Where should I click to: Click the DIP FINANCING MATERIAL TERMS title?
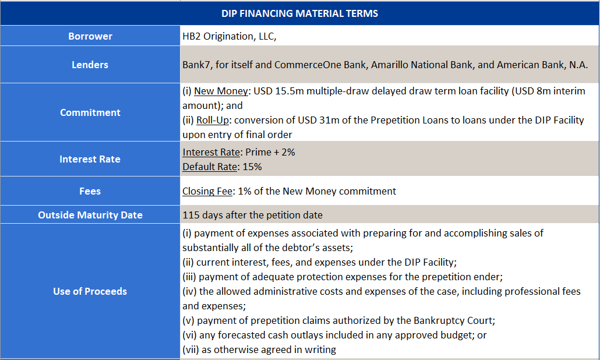click(299, 13)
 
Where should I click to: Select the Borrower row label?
click(90, 36)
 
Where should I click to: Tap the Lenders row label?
click(90, 65)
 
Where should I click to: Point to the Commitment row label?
click(90, 112)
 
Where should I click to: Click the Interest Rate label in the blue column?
click(90, 159)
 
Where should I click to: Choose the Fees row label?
click(90, 191)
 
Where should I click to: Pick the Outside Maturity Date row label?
click(90, 215)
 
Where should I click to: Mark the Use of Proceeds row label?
click(90, 291)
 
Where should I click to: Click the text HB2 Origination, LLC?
click(228, 36)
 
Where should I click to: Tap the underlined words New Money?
click(221, 91)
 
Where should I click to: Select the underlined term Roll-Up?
click(213, 120)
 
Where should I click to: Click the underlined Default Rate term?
click(210, 167)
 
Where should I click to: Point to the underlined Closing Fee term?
click(207, 191)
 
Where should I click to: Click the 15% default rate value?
click(252, 167)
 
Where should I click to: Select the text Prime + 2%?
click(270, 152)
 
